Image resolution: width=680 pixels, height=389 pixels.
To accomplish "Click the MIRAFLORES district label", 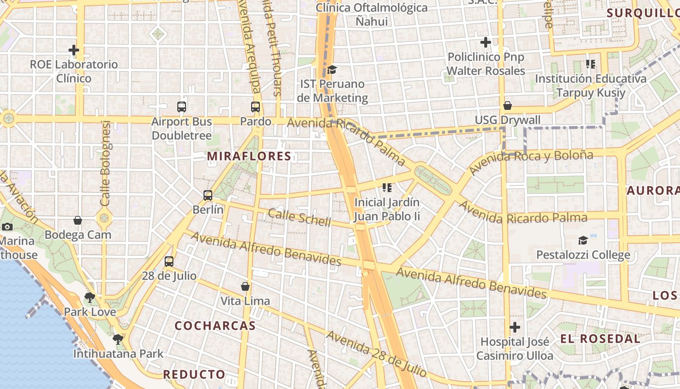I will tap(249, 157).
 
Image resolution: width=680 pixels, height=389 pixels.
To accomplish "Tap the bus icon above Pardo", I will tap(255, 107).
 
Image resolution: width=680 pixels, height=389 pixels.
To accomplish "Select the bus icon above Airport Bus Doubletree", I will tap(182, 107).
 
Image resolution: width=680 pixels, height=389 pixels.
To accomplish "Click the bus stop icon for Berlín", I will tap(208, 195).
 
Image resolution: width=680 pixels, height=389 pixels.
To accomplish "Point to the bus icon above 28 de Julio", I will tap(169, 262).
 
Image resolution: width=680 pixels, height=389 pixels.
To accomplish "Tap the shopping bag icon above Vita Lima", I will tap(245, 286).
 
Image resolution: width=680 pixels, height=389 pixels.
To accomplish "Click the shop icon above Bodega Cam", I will tap(78, 221).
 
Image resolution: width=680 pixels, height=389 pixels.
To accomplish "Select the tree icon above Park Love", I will tap(89, 298).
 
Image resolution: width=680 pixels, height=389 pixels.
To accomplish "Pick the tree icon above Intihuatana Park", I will tap(118, 339).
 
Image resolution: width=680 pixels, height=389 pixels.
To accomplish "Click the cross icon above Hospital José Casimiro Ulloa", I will tap(515, 327).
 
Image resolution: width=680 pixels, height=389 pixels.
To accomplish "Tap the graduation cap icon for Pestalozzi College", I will tap(583, 240).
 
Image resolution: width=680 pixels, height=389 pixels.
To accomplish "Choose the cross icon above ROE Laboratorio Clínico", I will tap(74, 50).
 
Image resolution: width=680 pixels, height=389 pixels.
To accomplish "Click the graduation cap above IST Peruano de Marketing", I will tap(332, 70).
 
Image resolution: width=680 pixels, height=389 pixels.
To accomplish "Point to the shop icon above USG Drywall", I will tap(508, 106).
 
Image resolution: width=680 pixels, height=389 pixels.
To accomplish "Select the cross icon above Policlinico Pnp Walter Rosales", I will tap(486, 43).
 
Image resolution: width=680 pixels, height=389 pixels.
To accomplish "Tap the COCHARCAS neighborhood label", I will tap(215, 326).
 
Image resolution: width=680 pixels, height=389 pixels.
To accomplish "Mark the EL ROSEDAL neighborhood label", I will tap(600, 339).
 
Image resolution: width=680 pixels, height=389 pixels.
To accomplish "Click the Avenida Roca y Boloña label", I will tap(531, 162).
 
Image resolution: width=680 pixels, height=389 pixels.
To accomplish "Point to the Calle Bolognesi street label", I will tap(106, 163).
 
